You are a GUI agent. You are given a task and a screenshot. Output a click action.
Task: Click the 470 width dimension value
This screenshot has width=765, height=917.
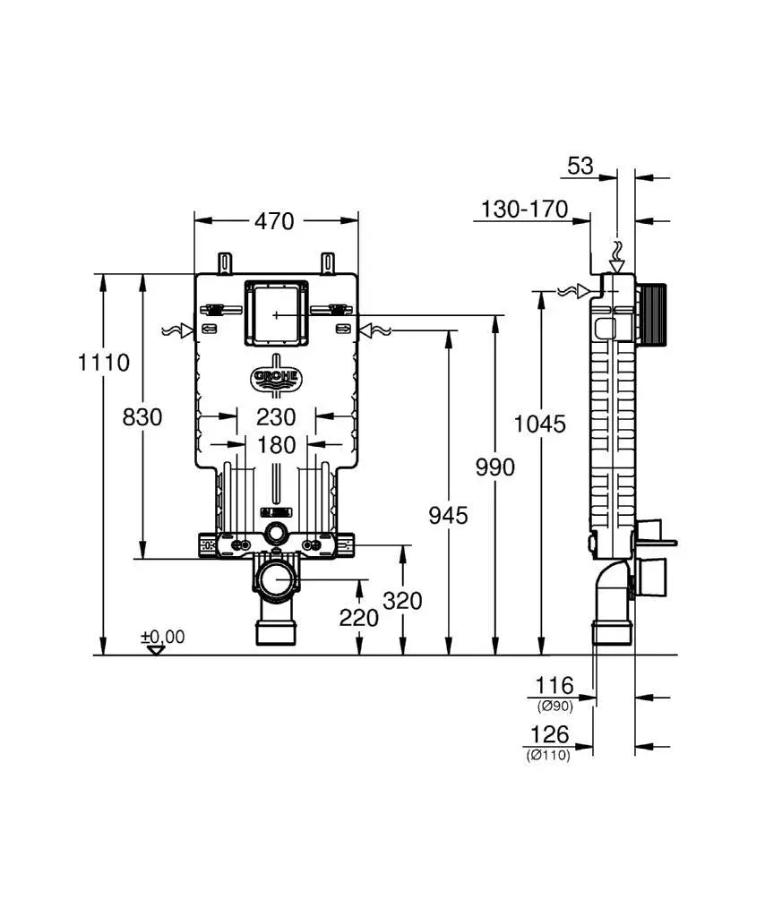coord(275,220)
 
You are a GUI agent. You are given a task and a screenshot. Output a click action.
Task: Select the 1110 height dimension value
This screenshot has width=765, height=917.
coord(103,363)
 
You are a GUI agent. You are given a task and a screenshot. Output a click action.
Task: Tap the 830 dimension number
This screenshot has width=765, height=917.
coord(142,416)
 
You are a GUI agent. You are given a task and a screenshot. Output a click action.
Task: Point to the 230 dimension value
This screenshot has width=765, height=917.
coord(275,416)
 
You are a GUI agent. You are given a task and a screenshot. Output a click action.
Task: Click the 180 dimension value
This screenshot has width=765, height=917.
coord(275,444)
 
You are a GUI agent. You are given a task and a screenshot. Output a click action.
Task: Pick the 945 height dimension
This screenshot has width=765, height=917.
coord(447,515)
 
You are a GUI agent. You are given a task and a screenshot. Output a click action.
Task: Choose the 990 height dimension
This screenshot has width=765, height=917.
coord(494,467)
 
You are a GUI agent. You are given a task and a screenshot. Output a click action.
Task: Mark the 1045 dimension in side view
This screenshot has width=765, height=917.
coord(539,424)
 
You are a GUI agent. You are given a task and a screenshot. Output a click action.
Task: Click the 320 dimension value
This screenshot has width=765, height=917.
coord(402,601)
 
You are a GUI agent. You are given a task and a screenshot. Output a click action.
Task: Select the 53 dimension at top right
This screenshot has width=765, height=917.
coord(580,166)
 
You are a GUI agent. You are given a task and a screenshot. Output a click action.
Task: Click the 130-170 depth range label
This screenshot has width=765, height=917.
coord(524,210)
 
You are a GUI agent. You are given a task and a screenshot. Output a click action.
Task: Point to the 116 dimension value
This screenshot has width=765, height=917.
coord(554,686)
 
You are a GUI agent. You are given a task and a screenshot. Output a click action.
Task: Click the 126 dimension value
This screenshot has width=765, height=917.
coord(549,735)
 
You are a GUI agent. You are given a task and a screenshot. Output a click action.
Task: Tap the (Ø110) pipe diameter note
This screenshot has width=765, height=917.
coord(547,754)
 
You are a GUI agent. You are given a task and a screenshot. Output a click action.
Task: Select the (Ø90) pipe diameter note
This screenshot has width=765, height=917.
coord(554,705)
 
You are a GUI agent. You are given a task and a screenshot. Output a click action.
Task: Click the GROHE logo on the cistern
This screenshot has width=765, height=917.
coord(276,378)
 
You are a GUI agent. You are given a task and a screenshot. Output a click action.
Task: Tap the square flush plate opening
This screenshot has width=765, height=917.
coord(276,313)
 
